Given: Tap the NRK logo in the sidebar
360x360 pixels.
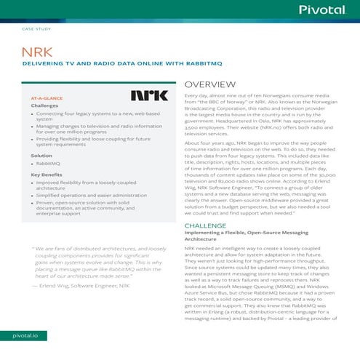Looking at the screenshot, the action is click(149, 95).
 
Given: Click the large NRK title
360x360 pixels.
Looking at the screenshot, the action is click(36, 54).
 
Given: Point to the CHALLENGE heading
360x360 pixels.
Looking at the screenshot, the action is click(207, 226).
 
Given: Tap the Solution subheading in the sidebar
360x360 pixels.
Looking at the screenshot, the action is click(41, 156).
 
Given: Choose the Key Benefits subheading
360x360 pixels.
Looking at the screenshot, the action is click(47, 175).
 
